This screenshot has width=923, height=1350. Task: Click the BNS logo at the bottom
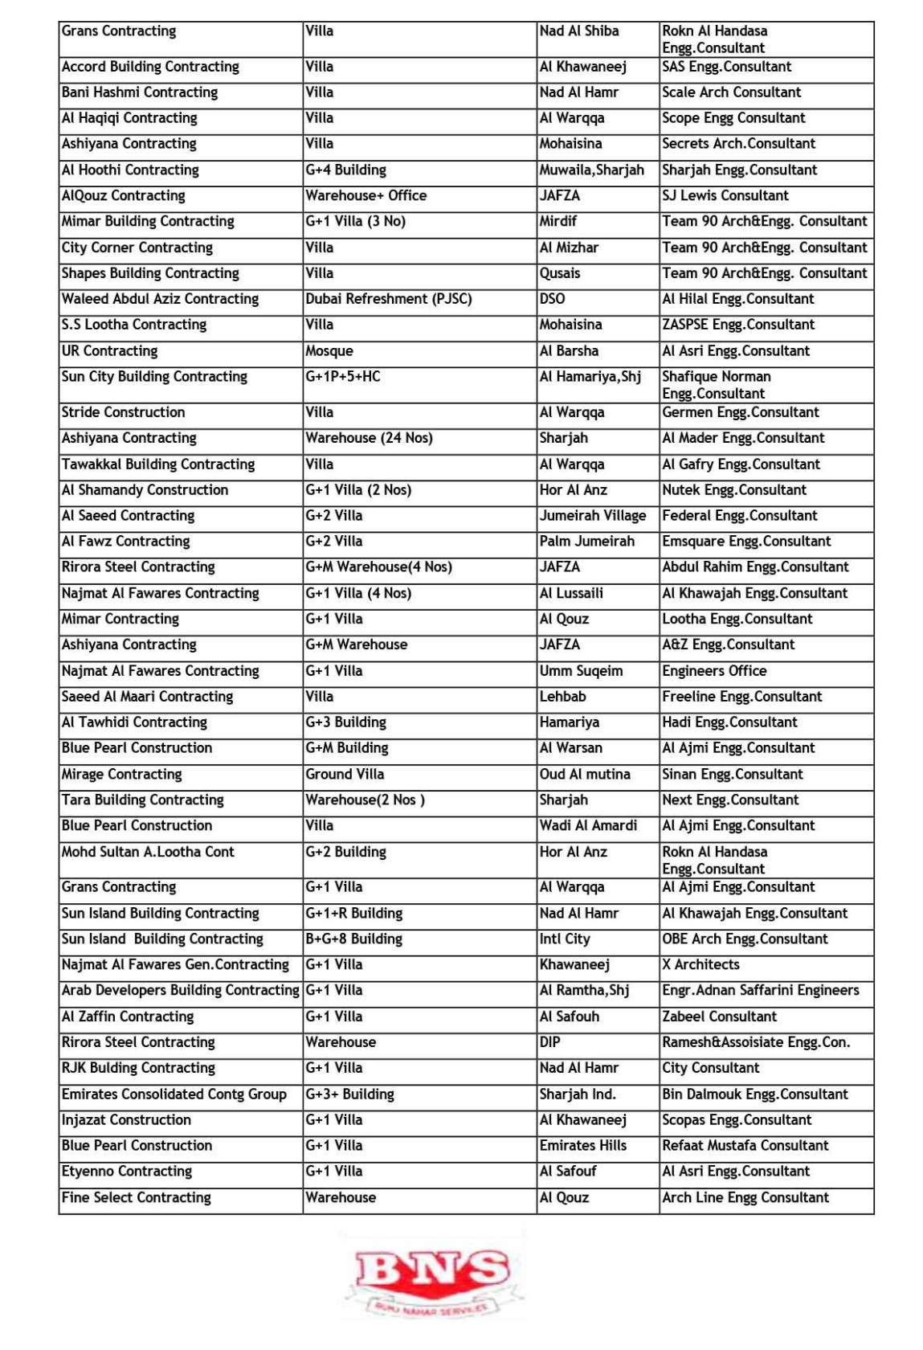(x=432, y=1278)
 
